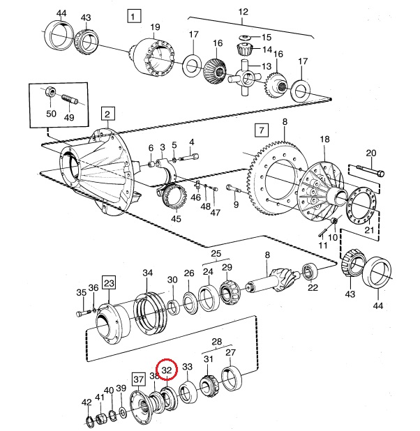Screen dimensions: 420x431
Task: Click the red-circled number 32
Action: [167, 370]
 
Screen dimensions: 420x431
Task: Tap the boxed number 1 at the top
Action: [134, 16]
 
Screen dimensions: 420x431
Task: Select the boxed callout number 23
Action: [109, 282]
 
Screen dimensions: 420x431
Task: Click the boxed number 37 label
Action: [138, 379]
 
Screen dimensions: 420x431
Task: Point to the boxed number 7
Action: [262, 130]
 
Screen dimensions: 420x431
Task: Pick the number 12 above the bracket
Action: [243, 12]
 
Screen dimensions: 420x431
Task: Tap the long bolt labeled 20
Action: [370, 170]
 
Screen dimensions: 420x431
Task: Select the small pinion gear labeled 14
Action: [243, 50]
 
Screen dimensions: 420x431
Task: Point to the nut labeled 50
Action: [50, 91]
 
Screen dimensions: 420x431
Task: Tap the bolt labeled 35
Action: [83, 313]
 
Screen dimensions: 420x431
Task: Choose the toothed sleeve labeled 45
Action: [175, 197]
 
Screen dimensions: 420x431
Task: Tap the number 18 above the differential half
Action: [324, 139]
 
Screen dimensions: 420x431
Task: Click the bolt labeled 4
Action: [190, 158]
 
